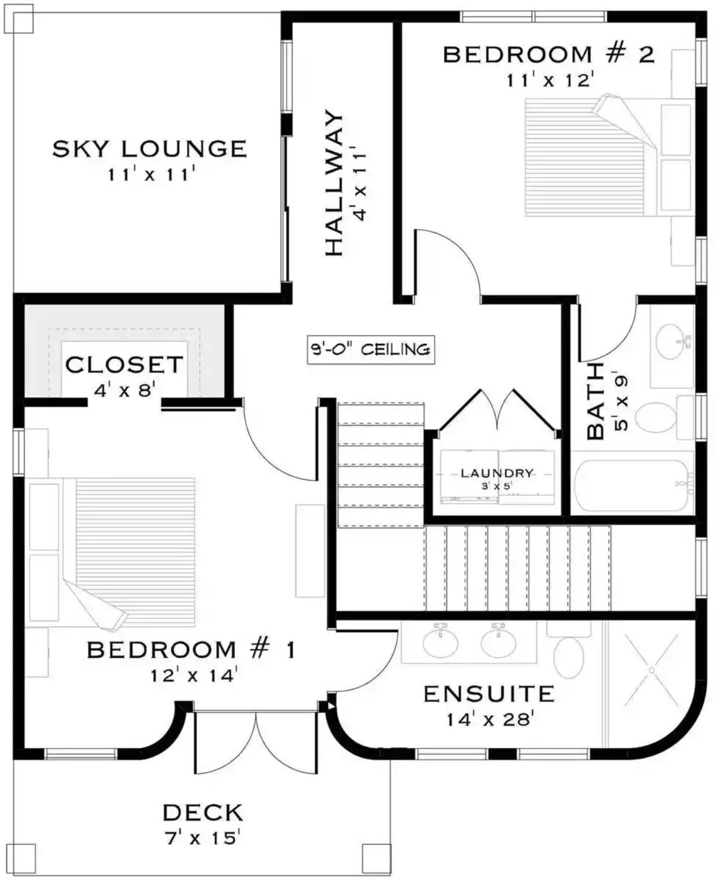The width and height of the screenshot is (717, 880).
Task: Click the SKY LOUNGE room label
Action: point(149,148)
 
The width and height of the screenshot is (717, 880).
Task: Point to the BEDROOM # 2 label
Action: point(549,55)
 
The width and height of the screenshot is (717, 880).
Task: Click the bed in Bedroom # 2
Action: point(592,157)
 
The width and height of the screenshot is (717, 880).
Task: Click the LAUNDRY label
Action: point(497,473)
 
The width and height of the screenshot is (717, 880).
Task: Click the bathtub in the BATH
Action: point(633,485)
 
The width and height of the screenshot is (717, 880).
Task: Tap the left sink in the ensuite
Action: point(441,643)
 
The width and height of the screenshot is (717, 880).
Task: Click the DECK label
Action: point(203,812)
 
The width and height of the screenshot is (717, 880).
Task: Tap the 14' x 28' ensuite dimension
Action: point(489,719)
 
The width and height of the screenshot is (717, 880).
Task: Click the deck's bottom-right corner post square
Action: point(376,857)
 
